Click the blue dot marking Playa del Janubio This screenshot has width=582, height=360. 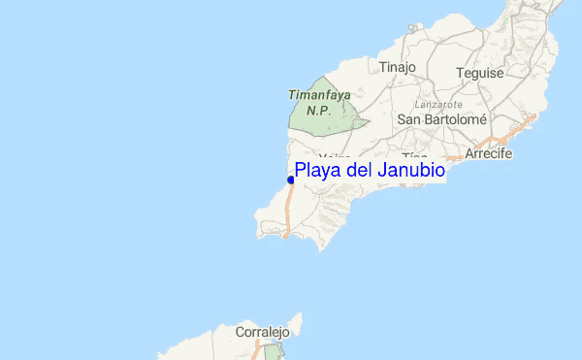coord(291,180)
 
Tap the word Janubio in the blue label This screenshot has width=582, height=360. coord(411,171)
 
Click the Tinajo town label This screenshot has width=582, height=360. coord(397,67)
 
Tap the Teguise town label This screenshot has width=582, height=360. coord(480,73)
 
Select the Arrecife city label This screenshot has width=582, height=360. coord(488,154)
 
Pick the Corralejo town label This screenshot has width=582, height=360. coord(262,332)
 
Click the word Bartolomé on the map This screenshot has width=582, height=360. coord(456,119)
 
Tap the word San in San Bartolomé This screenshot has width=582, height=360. coord(410,119)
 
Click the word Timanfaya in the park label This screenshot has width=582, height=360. coord(318,95)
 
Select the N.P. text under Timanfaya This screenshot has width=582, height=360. coord(318,110)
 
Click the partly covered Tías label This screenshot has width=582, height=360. coord(414,157)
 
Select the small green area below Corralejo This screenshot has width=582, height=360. coord(272,351)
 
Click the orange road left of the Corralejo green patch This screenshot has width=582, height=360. coord(256,354)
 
